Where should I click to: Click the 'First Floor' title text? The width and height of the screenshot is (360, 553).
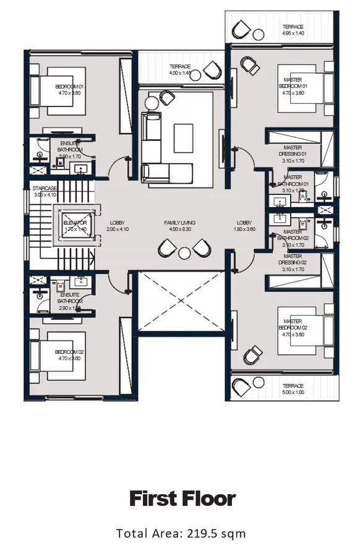tap(182, 499)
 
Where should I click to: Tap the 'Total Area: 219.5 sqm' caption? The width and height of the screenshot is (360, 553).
tap(181, 533)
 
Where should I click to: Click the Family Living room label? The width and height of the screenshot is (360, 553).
tap(180, 226)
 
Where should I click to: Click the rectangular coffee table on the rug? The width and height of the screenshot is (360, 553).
tap(184, 134)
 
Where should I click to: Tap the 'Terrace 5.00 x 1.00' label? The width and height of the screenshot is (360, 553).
tap(293, 389)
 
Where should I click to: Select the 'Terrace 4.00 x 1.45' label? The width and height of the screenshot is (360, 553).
tap(181, 69)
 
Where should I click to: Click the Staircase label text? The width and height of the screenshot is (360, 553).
tap(45, 191)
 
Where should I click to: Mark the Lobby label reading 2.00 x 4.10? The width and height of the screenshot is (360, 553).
tap(117, 226)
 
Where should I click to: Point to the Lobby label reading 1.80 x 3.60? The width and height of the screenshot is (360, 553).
tap(244, 226)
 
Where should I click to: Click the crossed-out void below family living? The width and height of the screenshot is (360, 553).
tap(181, 301)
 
